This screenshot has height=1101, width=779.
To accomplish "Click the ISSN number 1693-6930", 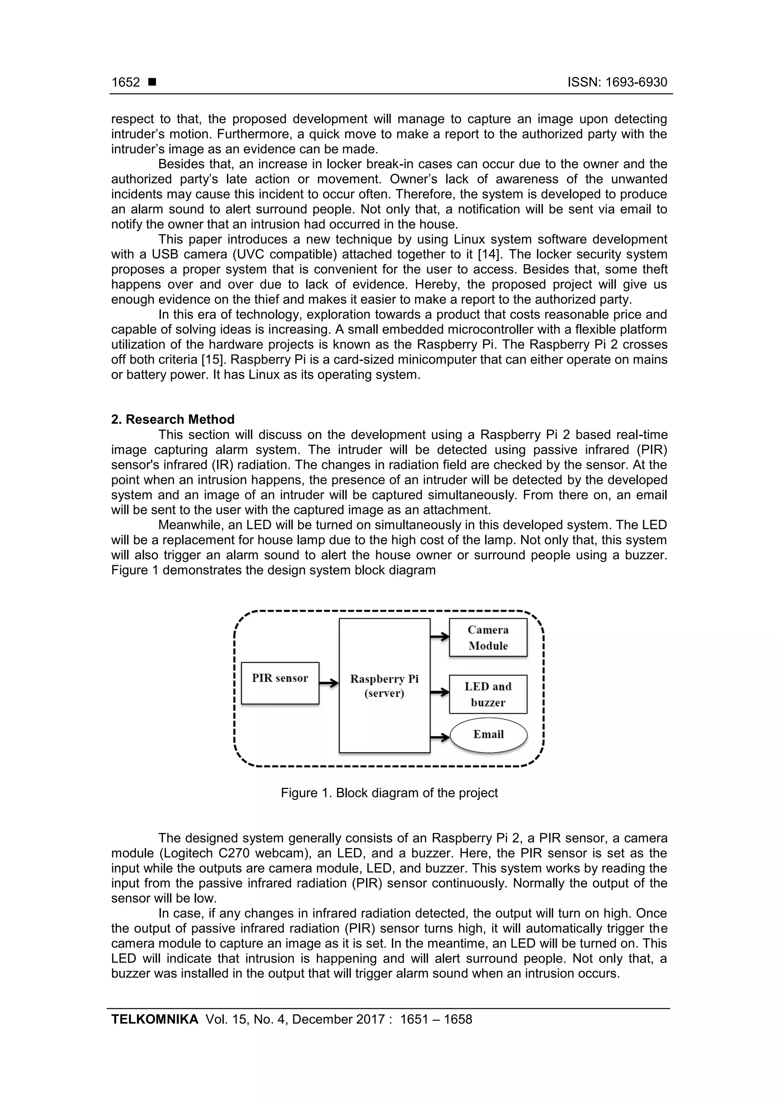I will (617, 82).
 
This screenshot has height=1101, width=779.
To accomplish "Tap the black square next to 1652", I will (152, 82).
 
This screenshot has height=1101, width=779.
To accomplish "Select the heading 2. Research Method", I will (173, 419).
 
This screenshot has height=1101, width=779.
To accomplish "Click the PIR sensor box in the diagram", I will (280, 683).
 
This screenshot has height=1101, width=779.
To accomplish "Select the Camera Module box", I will (488, 637).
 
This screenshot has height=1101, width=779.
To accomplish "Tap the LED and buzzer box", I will (488, 694).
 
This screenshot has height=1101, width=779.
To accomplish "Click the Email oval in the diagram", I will (488, 734).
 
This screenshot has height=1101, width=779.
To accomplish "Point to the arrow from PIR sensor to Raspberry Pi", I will (329, 683).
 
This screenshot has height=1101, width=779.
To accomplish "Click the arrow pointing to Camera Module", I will (439, 637).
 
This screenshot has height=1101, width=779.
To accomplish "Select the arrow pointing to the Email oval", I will (439, 737).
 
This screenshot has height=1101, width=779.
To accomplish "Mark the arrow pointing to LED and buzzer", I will (439, 692).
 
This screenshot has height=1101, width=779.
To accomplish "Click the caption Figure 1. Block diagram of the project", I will (389, 793).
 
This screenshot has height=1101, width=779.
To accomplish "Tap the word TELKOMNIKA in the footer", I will (154, 1019).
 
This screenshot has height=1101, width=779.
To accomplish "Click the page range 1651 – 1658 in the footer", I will (436, 1019).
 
